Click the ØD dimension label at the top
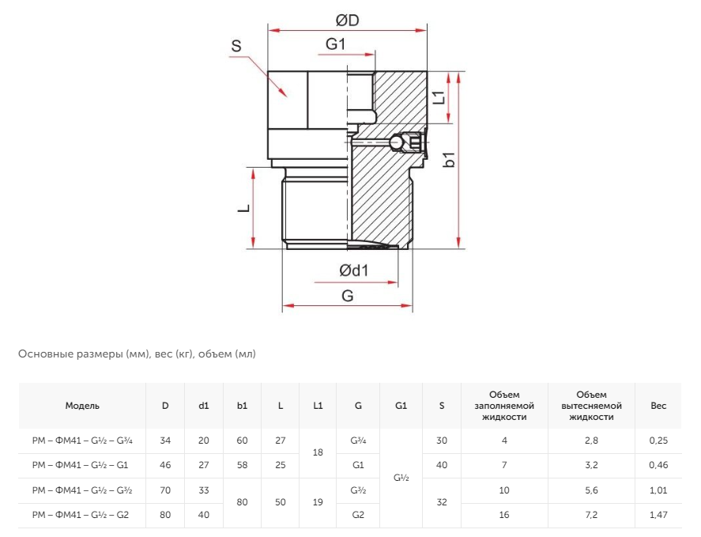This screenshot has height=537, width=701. pyautogui.click(x=348, y=20)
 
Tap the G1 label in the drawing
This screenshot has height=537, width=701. pyautogui.click(x=335, y=43)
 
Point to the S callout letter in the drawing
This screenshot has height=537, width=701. pyautogui.click(x=236, y=46)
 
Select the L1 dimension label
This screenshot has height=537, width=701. pyautogui.click(x=440, y=97)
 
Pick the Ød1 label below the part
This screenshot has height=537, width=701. pyautogui.click(x=353, y=270)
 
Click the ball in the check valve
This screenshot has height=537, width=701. pyautogui.click(x=396, y=143)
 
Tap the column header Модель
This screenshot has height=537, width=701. pyautogui.click(x=82, y=406)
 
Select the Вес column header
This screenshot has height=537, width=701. pyautogui.click(x=658, y=406)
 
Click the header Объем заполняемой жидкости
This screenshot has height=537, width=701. pyautogui.click(x=504, y=406)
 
